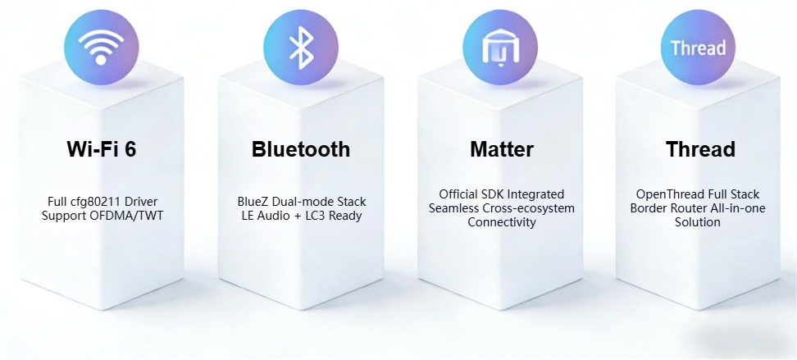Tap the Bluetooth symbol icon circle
pyautogui.click(x=300, y=46)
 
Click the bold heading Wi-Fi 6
pyautogui.click(x=101, y=149)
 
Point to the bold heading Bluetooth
pyautogui.click(x=301, y=149)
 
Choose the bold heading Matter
pyautogui.click(x=502, y=149)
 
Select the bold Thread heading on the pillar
pyautogui.click(x=700, y=149)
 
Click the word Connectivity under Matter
pyautogui.click(x=502, y=222)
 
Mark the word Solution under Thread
pyautogui.click(x=699, y=222)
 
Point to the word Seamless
pyautogui.click(x=453, y=208)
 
